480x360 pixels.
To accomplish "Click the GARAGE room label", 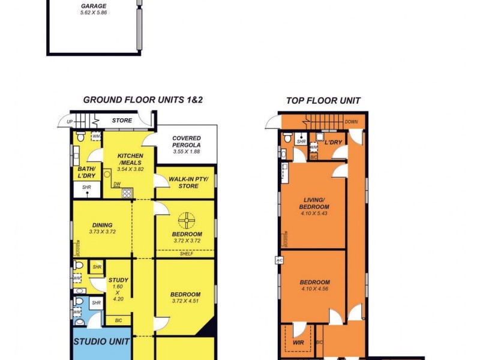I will click(94, 6).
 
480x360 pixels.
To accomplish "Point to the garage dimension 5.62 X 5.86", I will click(94, 12).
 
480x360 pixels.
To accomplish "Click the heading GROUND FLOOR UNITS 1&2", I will click(143, 100).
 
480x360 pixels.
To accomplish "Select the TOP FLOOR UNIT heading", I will click(323, 101).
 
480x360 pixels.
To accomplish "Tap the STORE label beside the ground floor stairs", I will click(122, 121).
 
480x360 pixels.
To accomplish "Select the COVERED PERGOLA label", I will click(186, 142).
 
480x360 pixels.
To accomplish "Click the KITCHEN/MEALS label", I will click(131, 159).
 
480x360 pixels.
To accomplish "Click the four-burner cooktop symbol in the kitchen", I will click(127, 193).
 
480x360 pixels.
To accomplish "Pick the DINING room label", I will click(102, 225).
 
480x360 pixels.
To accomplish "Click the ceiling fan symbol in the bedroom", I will click(187, 219).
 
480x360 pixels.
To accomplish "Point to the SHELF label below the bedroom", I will click(186, 254).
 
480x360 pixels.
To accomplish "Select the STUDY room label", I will click(118, 280).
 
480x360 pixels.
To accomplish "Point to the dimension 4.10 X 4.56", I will click(315, 289).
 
